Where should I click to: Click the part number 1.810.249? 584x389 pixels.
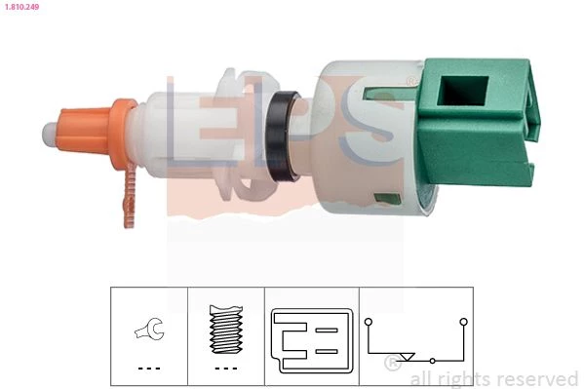[x=22, y=6]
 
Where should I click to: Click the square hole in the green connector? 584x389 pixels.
[x=462, y=91]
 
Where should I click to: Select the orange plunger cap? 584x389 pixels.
[x=83, y=130]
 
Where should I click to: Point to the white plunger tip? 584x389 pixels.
[x=49, y=133]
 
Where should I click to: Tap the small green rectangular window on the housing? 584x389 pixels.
[x=387, y=199]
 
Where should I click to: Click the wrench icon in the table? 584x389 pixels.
[x=149, y=329]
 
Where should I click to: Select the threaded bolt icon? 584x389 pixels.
[x=226, y=330]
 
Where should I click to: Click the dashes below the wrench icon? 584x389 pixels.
[x=149, y=369]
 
